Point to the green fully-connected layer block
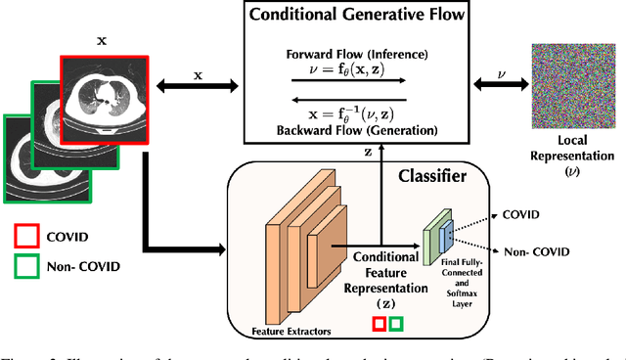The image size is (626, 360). [428, 241]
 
